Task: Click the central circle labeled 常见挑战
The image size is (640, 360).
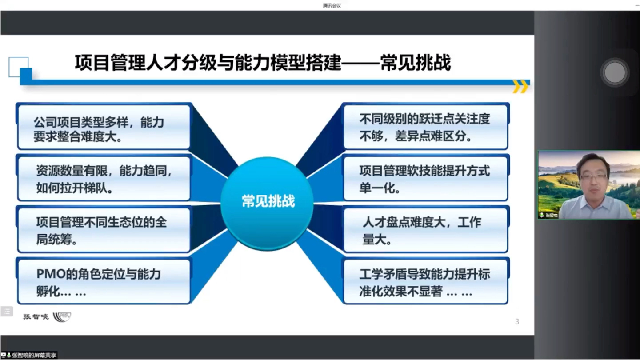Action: coord(267,202)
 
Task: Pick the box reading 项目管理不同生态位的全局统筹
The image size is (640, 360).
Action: coord(104,230)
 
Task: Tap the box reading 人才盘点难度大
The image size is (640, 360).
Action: coord(425,230)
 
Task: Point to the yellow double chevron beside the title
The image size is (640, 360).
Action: coord(520,87)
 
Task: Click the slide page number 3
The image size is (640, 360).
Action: coord(517,321)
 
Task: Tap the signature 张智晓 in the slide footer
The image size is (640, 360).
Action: coord(36,317)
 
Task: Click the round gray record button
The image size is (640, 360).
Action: coord(615,72)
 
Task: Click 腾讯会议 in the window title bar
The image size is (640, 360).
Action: coord(332,5)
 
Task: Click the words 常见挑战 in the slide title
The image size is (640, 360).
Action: coord(416,63)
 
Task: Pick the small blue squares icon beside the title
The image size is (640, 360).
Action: coord(20,70)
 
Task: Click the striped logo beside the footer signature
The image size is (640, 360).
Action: coord(62,317)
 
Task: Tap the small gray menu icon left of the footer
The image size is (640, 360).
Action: coord(7,311)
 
